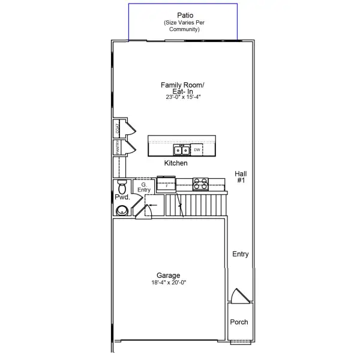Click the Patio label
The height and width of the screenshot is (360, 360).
tap(185, 14)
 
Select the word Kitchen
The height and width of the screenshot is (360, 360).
tap(176, 163)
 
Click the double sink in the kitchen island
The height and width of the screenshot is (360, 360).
tap(182, 149)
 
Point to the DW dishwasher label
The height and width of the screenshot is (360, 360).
tap(197, 149)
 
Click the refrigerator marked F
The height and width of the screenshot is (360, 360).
tap(166, 185)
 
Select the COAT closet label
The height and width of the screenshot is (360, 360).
tap(118, 127)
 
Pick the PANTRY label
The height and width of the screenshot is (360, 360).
tap(118, 148)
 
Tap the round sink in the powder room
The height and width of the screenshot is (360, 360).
tap(122, 209)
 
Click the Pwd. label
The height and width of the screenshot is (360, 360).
tap(122, 197)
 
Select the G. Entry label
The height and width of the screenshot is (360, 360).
tap(144, 187)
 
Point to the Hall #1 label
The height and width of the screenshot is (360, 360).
tap(241, 177)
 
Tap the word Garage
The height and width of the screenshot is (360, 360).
tap(169, 275)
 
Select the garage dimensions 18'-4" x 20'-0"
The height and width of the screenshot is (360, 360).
tap(169, 283)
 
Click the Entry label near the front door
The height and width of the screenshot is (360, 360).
tap(241, 254)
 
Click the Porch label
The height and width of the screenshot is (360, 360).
tap(239, 322)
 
